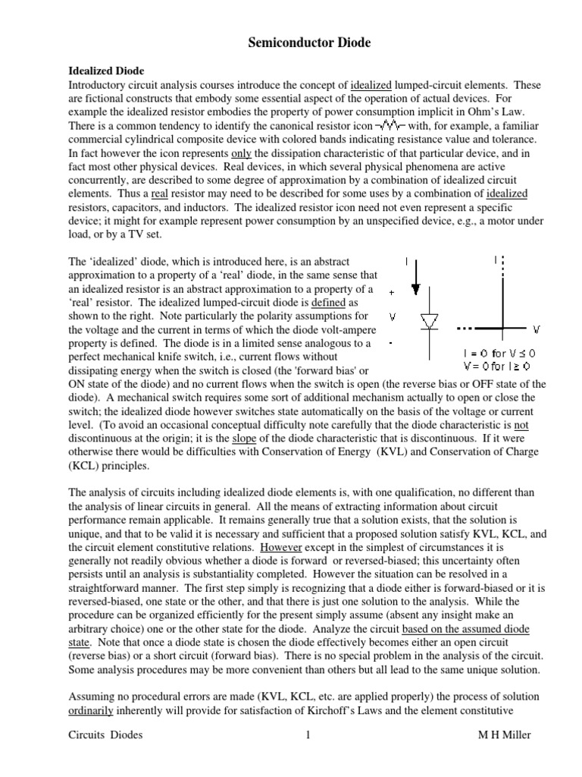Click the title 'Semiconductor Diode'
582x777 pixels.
click(310, 43)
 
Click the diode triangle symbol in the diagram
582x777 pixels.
click(430, 322)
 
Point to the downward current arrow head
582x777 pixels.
click(415, 288)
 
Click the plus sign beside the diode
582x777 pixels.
click(391, 292)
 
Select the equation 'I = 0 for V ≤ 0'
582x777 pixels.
click(499, 354)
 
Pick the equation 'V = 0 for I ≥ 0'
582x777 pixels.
click(499, 366)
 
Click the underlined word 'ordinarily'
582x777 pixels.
click(92, 711)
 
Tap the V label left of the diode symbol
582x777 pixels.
click(391, 318)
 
